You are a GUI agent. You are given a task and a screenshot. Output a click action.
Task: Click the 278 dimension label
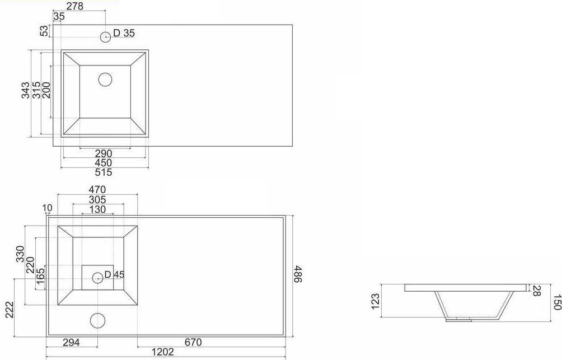click(x=75, y=6)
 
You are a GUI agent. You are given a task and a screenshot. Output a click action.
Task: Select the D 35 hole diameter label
click(x=124, y=33)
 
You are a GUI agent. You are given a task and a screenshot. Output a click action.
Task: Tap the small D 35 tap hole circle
click(x=106, y=36)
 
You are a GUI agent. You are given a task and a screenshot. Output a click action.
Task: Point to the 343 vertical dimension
click(x=25, y=90)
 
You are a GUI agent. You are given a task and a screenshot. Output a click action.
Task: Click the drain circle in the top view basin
click(x=105, y=80)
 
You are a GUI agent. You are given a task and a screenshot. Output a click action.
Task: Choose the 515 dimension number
click(x=104, y=172)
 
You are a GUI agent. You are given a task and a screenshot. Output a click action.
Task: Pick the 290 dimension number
click(x=104, y=153)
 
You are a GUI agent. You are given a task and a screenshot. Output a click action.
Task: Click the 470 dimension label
click(x=97, y=189)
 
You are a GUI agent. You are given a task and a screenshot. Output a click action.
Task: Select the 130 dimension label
click(x=97, y=209)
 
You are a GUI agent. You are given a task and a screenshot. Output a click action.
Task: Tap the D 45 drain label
click(x=114, y=275)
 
